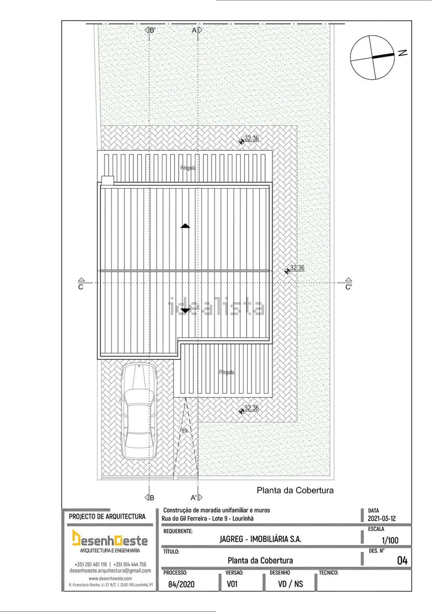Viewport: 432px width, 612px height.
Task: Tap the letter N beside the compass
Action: (403, 53)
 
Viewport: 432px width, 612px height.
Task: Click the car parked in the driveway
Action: (139, 411)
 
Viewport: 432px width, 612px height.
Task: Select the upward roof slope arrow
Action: (185, 226)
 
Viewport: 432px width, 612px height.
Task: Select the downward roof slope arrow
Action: (185, 310)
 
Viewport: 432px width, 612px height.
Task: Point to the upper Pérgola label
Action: (188, 168)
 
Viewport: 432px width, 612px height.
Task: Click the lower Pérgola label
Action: (226, 372)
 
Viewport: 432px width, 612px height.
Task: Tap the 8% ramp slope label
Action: (185, 431)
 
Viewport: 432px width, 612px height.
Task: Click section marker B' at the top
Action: (150, 30)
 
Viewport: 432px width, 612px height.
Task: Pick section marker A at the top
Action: (197, 30)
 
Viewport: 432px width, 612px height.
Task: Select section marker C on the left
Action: (81, 284)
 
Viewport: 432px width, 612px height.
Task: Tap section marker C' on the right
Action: (348, 284)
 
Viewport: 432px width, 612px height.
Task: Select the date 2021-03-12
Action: (382, 519)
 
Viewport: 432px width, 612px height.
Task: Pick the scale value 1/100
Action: (390, 540)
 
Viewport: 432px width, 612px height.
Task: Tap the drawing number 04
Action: (402, 561)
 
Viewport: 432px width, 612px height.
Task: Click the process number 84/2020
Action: (181, 584)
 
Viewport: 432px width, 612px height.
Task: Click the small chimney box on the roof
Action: (108, 180)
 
